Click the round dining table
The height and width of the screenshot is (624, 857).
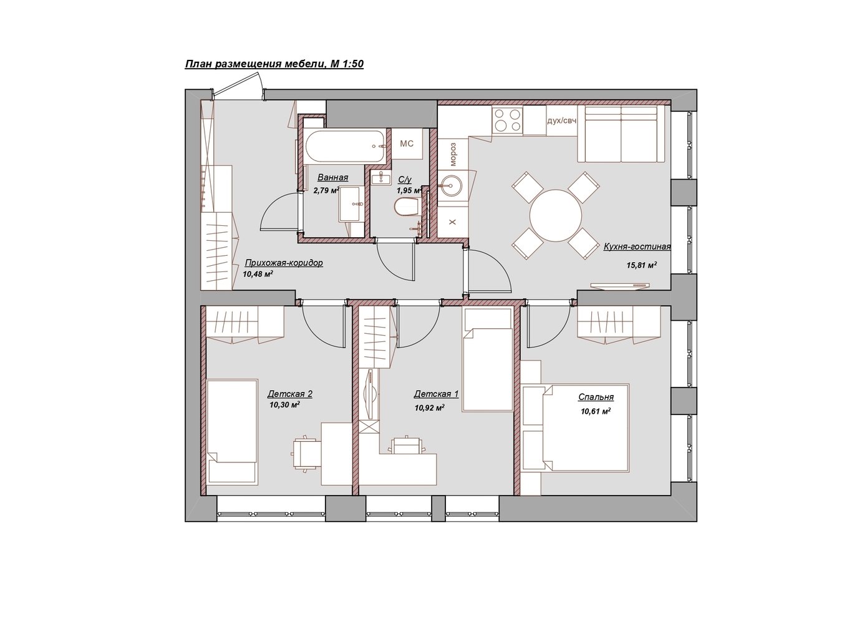click(x=556, y=215)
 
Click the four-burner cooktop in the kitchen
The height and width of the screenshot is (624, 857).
click(x=507, y=120)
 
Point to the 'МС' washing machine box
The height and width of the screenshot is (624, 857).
click(x=407, y=144)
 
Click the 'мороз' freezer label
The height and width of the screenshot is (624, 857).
click(x=453, y=154)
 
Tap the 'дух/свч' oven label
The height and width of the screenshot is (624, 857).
click(x=561, y=120)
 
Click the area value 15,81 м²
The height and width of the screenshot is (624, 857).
click(x=642, y=265)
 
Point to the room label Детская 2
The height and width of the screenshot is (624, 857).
click(x=290, y=394)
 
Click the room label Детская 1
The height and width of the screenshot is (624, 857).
click(x=436, y=394)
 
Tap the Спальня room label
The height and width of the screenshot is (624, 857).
click(x=596, y=397)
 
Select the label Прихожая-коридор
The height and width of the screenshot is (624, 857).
click(x=284, y=263)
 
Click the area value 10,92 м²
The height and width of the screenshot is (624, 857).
click(x=429, y=408)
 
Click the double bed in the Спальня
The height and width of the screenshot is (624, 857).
click(x=586, y=427)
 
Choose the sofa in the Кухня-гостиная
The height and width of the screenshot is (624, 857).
click(x=622, y=134)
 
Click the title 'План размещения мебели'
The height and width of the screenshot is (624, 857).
click(x=256, y=64)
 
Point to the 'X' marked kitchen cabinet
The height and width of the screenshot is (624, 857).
click(x=453, y=222)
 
